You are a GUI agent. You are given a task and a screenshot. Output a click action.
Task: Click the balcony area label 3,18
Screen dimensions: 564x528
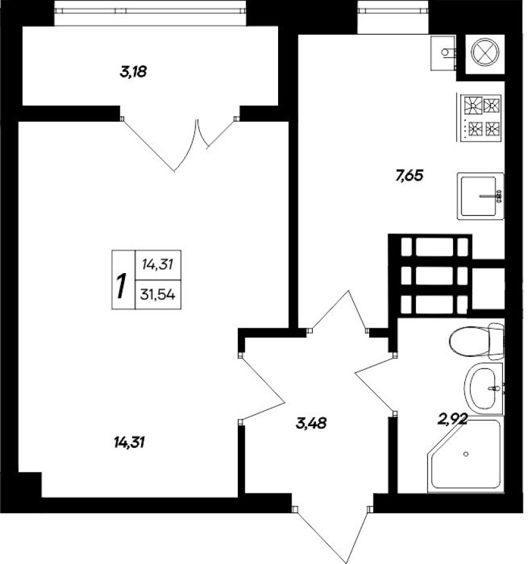133,72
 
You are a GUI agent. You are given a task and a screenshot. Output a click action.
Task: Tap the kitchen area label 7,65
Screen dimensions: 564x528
411,176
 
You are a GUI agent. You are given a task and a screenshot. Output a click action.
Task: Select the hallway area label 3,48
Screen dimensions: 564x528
312,423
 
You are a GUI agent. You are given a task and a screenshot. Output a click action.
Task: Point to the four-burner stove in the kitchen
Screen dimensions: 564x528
481,117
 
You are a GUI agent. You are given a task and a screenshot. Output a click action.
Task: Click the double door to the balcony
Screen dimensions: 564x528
179,141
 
